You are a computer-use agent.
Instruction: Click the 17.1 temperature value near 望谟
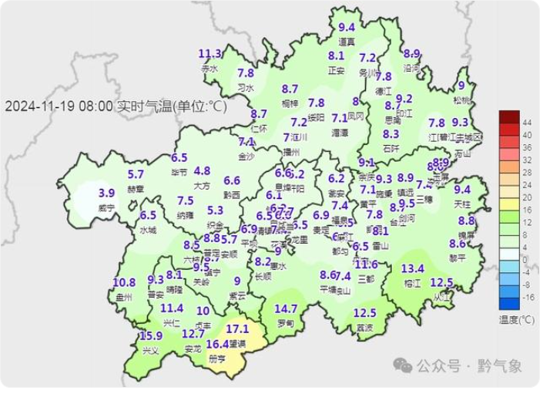238,329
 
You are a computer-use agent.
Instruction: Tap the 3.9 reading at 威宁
107,193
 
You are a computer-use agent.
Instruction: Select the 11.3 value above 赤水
209,54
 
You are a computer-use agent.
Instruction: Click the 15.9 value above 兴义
152,336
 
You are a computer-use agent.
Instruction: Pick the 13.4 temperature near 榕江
413,268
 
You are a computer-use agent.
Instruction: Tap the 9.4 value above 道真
347,29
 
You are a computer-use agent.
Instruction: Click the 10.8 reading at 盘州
124,282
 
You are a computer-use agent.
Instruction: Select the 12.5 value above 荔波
364,313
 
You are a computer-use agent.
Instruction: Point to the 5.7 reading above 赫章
136,174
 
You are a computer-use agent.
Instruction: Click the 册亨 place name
218,359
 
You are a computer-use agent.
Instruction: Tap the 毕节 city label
179,171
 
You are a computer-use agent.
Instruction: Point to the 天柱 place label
462,203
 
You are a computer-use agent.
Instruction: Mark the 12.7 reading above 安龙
193,334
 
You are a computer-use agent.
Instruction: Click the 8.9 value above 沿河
412,54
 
